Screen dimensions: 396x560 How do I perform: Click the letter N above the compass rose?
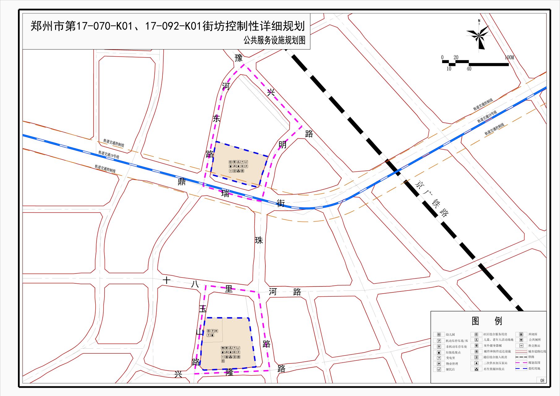point(479,21)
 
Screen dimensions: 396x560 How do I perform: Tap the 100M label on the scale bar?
point(509,58)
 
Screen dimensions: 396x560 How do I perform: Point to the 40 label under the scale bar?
point(469,69)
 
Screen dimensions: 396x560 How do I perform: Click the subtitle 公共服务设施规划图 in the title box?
point(274,40)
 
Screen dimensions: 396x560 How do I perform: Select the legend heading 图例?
point(487,321)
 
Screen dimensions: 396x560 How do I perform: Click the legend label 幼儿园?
point(450,334)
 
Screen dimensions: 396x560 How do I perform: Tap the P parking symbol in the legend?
point(439,341)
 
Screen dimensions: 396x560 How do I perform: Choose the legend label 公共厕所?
point(535,340)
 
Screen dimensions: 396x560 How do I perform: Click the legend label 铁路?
point(531,357)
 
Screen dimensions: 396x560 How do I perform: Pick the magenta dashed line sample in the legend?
point(521,363)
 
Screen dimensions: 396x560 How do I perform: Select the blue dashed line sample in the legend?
point(521,368)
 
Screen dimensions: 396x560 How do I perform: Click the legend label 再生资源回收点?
point(494,369)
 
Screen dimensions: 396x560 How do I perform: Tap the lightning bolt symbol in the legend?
point(439,358)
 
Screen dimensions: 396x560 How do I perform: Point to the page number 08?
point(542,381)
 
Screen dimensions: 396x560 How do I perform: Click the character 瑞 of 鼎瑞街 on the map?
point(225,194)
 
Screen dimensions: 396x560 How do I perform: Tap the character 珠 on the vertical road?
point(259,240)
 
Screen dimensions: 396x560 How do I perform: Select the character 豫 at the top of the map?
point(239,58)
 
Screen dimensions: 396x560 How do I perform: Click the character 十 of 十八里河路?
point(167,280)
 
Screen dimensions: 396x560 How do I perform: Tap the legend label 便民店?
point(450,369)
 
